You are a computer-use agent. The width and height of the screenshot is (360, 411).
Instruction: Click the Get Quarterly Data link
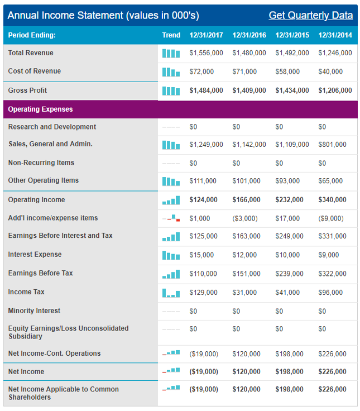click(x=310, y=15)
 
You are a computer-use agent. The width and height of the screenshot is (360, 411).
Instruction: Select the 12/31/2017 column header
click(x=206, y=35)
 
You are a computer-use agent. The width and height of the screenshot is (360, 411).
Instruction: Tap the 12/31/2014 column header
click(x=335, y=35)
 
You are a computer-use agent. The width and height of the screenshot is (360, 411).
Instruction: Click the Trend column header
click(x=171, y=35)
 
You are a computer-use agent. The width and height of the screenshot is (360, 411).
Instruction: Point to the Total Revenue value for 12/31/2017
click(x=206, y=53)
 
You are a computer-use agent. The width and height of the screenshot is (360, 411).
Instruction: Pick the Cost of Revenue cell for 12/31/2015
click(x=287, y=72)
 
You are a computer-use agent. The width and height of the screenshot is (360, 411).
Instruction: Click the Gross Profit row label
click(x=28, y=90)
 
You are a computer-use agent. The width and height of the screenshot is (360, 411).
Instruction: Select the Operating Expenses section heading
click(x=40, y=109)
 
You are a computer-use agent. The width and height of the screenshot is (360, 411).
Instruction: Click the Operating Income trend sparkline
click(x=171, y=200)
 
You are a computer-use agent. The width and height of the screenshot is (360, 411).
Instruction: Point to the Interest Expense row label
click(x=35, y=255)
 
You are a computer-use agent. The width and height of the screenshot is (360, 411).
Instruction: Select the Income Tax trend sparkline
click(x=171, y=293)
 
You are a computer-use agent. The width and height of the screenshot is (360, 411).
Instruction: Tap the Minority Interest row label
click(x=35, y=311)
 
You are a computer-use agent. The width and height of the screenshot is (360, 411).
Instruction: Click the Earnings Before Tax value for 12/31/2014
click(x=332, y=274)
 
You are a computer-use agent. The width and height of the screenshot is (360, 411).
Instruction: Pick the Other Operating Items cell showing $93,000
click(x=287, y=181)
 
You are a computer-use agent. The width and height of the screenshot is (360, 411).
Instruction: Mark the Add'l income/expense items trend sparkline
click(x=171, y=218)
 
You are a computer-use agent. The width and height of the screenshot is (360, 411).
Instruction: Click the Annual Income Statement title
click(x=103, y=15)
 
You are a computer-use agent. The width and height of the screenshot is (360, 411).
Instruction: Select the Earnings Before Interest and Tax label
click(x=60, y=236)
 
